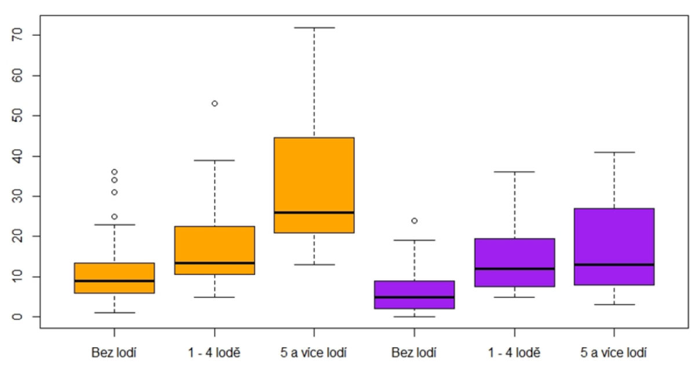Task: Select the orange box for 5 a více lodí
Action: coord(314,185)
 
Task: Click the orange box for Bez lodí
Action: coord(114,278)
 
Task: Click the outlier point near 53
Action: coord(214,104)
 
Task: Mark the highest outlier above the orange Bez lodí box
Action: coord(114,172)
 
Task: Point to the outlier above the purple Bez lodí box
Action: coord(414,220)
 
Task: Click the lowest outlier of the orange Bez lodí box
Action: coord(114,216)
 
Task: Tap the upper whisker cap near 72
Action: coord(314,27)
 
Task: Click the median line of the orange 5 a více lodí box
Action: coord(314,212)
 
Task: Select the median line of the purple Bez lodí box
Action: coord(414,297)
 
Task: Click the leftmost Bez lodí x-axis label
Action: coord(114,352)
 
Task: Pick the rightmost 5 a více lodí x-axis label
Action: coord(614,352)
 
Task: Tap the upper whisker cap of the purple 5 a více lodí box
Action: coord(614,152)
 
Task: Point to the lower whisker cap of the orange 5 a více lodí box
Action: coord(314,264)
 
